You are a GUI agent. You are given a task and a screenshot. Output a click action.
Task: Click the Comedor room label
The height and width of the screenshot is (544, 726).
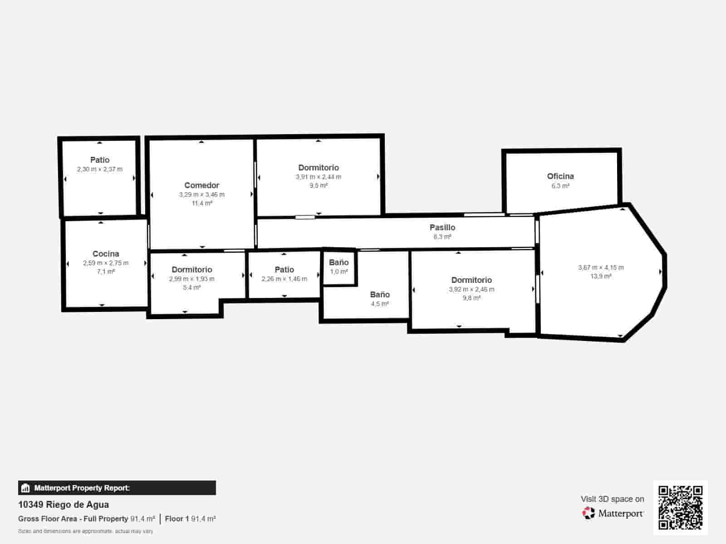201,185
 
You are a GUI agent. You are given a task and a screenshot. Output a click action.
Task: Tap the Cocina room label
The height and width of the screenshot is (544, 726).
106,254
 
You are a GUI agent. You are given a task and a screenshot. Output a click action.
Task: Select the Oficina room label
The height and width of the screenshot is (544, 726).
560,176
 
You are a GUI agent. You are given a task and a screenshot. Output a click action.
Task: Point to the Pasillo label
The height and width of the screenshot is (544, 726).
442,228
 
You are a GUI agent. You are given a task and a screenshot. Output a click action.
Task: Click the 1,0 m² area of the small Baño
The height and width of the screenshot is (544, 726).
339,272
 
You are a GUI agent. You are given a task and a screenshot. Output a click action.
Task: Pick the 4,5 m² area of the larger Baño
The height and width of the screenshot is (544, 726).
380,304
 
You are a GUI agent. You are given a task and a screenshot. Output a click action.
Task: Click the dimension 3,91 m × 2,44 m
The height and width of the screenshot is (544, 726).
319,177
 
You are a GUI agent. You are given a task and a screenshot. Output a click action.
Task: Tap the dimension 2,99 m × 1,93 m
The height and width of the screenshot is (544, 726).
192,279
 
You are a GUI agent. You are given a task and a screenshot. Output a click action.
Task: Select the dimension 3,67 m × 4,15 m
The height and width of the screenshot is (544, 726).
601,267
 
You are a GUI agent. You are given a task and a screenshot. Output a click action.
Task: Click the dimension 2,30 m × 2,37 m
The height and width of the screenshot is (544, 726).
100,169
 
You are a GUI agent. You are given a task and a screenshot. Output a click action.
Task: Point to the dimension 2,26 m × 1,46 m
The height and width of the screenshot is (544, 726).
285,279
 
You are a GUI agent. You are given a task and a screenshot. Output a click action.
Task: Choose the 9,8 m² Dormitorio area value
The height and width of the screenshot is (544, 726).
471,298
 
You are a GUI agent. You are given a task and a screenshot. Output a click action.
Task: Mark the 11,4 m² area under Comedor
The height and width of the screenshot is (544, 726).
201,203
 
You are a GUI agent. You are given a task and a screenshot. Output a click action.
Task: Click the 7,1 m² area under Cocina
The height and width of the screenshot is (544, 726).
106,272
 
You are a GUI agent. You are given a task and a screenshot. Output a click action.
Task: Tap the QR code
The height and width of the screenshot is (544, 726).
680,508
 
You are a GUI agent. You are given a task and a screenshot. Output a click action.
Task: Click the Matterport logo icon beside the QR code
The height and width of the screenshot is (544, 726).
589,513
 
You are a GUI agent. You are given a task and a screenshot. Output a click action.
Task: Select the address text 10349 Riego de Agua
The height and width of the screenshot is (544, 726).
64,505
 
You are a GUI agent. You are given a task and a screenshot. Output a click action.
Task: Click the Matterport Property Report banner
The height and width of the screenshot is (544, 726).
117,488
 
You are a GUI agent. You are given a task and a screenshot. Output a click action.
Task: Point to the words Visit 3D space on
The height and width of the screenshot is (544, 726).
612,499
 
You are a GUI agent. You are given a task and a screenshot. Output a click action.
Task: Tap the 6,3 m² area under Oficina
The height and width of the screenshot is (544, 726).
560,186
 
